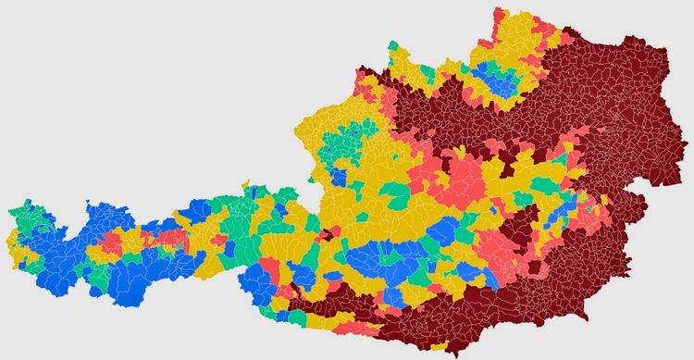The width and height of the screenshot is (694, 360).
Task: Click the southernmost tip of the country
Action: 452,354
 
